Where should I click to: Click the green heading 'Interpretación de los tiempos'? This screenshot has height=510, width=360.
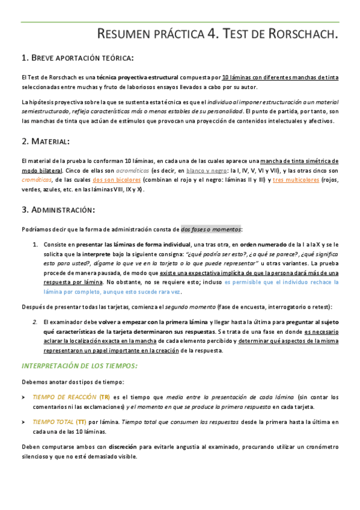[79, 366]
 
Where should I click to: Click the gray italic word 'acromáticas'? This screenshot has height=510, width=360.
[129, 171]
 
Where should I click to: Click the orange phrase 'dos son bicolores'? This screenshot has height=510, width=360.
[117, 180]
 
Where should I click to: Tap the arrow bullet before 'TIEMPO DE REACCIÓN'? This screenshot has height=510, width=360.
[23, 398]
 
